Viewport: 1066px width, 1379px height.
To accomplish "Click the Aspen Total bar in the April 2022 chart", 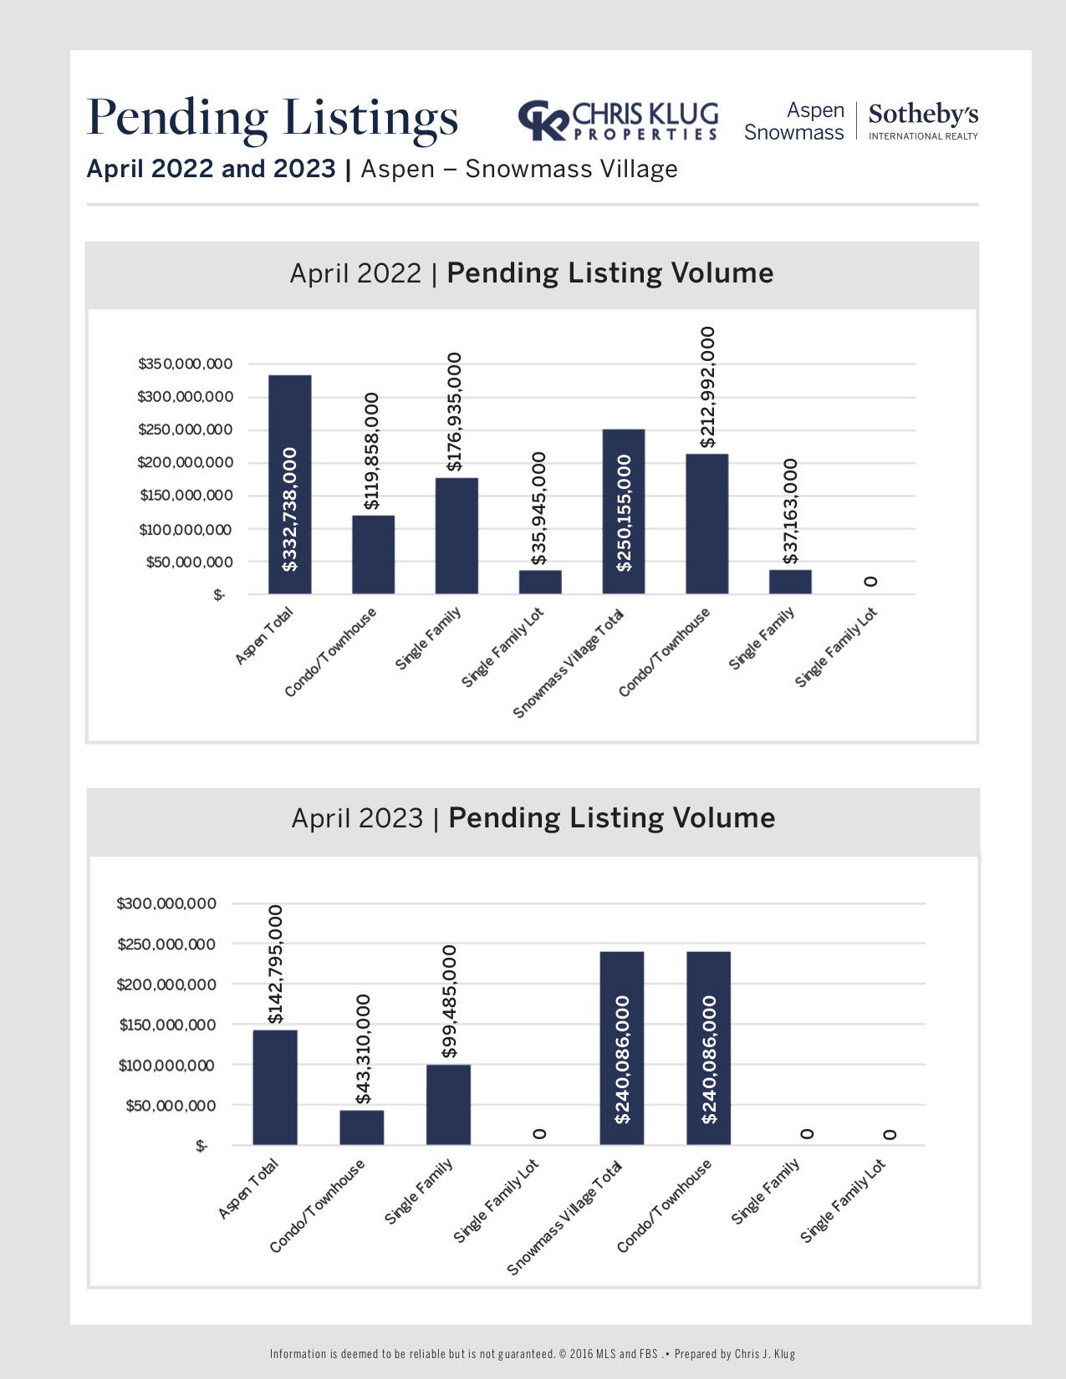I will tap(289, 485).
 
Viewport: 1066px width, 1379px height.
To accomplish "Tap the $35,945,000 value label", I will tap(539, 508).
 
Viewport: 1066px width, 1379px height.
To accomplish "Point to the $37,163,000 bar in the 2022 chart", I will tap(790, 582).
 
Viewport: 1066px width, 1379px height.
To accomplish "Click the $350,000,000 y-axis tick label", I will tap(186, 364).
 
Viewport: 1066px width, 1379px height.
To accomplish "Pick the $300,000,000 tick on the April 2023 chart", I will tap(166, 903).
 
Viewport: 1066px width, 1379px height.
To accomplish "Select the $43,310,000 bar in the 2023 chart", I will tap(361, 1127).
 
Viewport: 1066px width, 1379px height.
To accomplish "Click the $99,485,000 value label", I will tap(449, 1001).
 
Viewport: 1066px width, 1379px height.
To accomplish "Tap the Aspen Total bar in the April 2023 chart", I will tap(275, 1087).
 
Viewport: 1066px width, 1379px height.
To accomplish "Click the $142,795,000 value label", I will tap(275, 964).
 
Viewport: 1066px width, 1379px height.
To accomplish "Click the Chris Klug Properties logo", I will tap(618, 121).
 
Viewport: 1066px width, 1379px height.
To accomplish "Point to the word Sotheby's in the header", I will tap(923, 114).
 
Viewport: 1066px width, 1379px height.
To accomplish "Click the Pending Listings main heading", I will tap(273, 117).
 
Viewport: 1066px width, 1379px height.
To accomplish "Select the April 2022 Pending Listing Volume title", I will tap(532, 273).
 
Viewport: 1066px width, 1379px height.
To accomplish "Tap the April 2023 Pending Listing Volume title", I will tap(533, 817).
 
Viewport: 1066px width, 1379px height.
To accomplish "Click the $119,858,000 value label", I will tap(372, 450).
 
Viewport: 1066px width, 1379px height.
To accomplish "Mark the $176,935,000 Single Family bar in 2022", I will tap(456, 536).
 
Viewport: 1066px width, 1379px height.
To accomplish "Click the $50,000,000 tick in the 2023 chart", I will tap(171, 1106).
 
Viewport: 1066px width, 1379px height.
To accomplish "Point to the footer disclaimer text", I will tap(533, 1354).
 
